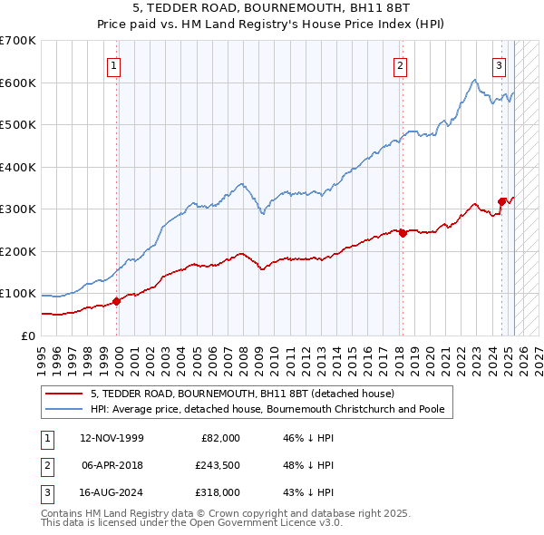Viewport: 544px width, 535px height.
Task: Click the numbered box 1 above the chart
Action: pos(114,64)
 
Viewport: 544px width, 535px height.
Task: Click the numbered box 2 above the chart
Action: pos(400,64)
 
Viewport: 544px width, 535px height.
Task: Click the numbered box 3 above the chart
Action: pos(499,64)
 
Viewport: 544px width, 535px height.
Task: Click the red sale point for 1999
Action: pos(116,301)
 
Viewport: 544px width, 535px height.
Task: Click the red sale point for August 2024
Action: pos(501,201)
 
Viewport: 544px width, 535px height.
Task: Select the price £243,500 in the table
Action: pos(218,465)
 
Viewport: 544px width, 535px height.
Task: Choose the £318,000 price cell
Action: pos(218,492)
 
